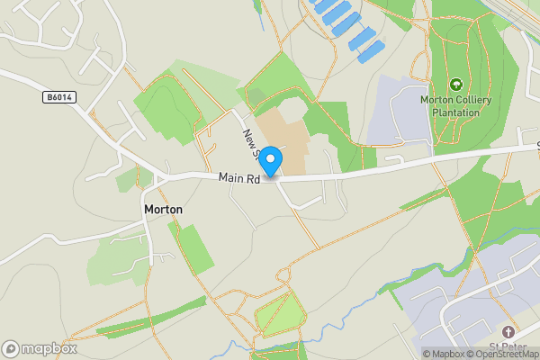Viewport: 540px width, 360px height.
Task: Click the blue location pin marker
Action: click(x=271, y=160)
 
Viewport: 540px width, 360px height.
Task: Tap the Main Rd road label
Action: click(x=239, y=179)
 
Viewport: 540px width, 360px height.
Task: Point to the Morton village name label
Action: click(x=163, y=209)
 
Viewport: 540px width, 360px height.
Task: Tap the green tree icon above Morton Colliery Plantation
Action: click(x=454, y=85)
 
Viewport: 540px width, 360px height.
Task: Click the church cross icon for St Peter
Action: click(x=508, y=332)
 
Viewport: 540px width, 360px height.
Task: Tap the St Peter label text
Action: click(x=508, y=347)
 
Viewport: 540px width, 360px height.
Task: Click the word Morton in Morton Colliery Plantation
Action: click(x=437, y=100)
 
